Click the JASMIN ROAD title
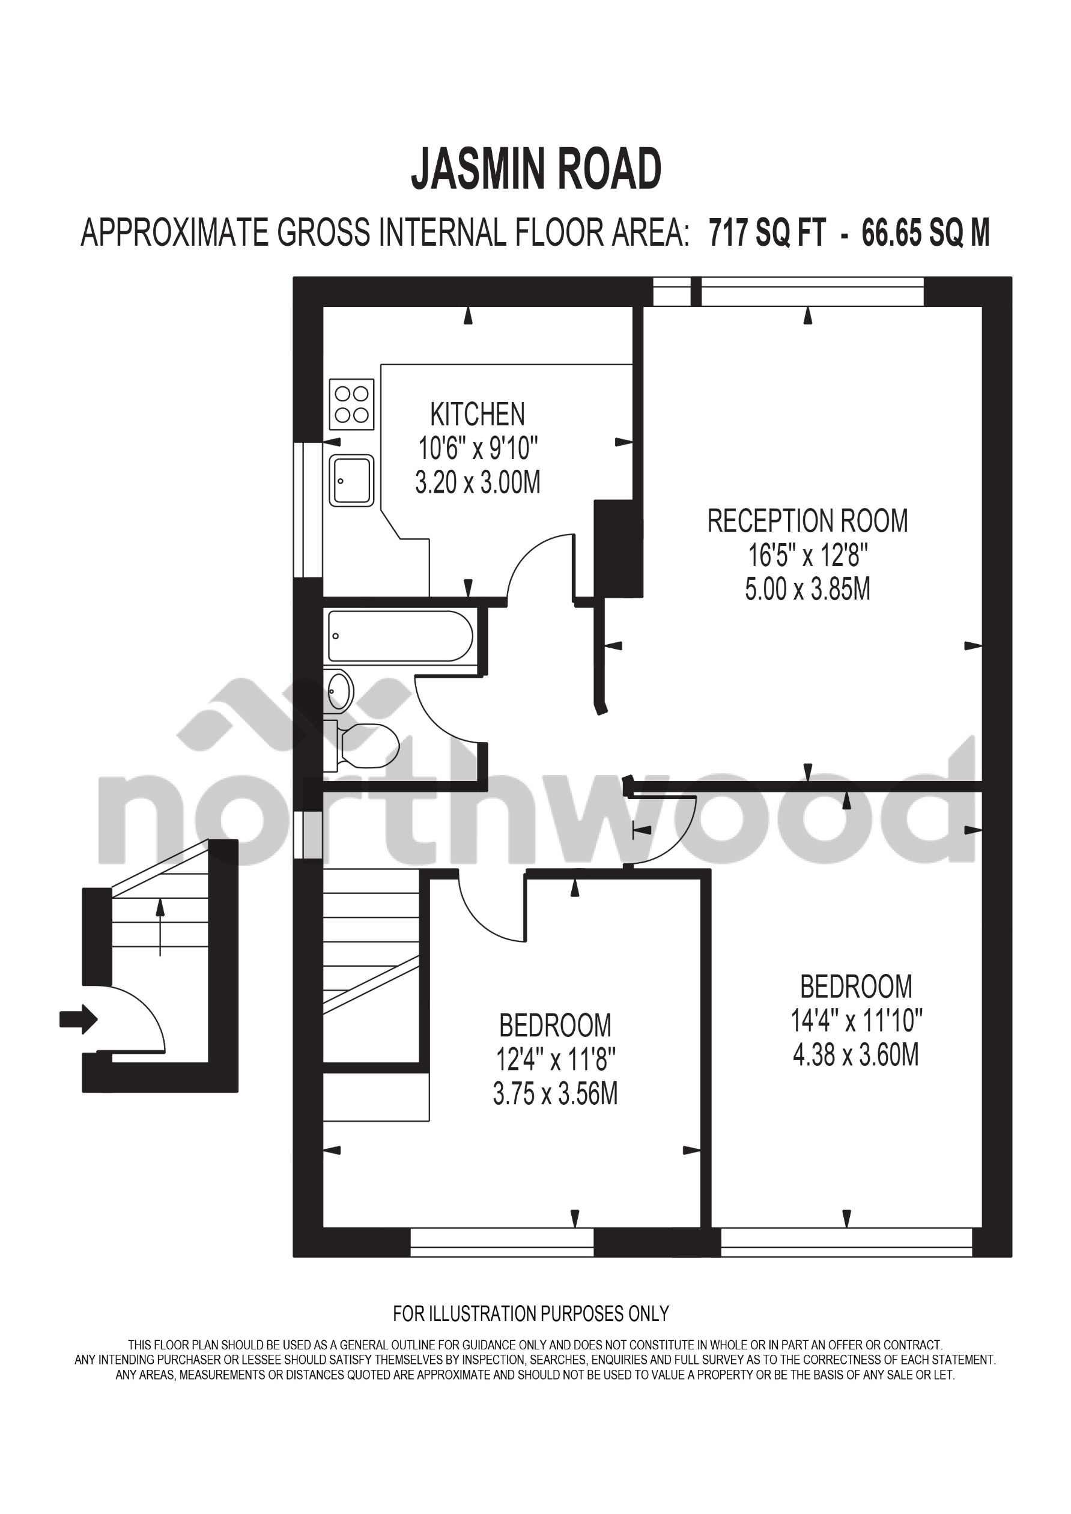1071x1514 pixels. [536, 170]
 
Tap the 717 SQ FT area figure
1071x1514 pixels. [767, 233]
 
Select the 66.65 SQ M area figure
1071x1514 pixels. [925, 233]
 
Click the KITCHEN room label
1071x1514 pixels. [478, 415]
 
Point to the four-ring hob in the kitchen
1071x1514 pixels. [351, 404]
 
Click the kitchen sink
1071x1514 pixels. [351, 481]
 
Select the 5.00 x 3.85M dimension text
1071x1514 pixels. [807, 589]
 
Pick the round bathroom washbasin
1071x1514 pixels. [341, 691]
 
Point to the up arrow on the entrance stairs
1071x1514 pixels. [160, 928]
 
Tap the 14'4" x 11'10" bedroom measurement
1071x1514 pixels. [855, 1021]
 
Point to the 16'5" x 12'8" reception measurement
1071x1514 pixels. [807, 556]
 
